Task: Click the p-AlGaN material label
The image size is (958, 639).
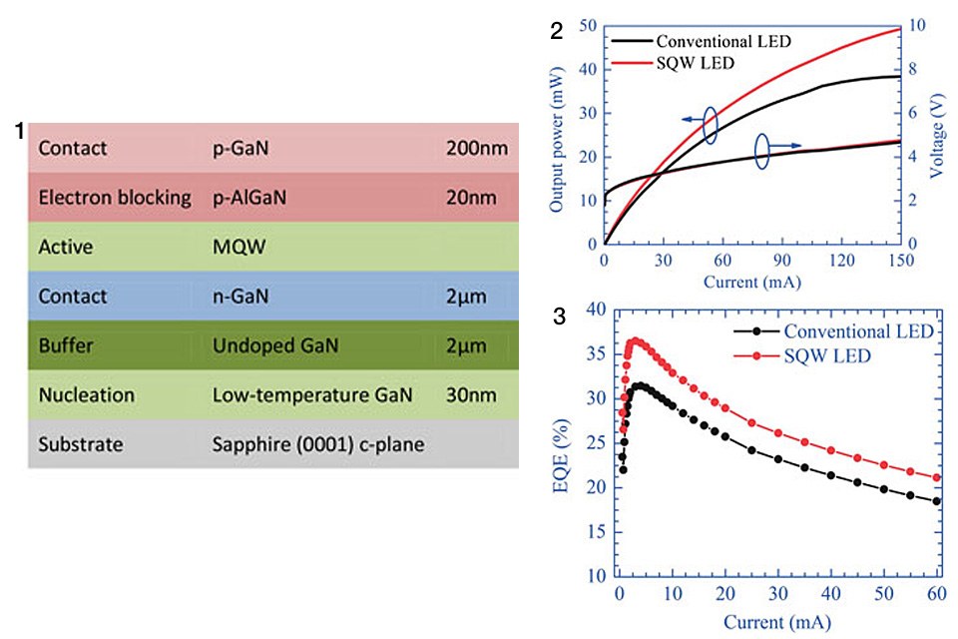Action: [x=249, y=198]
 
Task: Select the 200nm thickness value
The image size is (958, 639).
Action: [x=477, y=150]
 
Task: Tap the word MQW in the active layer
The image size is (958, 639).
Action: [x=234, y=246]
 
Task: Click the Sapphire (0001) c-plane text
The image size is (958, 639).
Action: [x=318, y=443]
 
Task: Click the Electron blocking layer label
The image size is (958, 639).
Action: [x=115, y=198]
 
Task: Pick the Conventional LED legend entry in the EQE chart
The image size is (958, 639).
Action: [x=859, y=331]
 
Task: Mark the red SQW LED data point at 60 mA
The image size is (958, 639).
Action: [x=936, y=478]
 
